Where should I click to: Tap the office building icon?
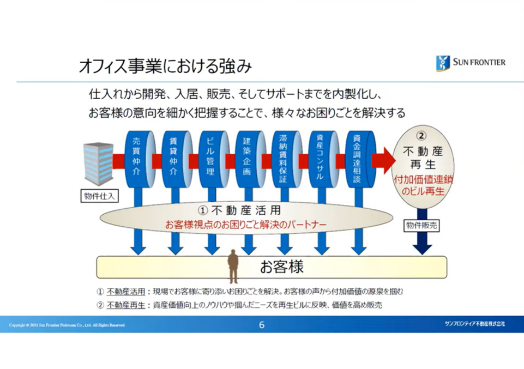tap(98, 164)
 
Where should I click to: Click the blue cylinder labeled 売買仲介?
tap(136, 158)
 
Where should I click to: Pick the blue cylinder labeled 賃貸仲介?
tap(173, 158)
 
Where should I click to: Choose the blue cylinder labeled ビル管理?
tap(210, 158)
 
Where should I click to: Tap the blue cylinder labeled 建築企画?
tap(246, 158)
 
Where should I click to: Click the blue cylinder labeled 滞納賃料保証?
tap(284, 158)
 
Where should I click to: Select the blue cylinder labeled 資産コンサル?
tap(321, 158)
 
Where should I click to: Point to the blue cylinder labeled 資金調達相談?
tap(357, 158)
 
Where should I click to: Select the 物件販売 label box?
tap(421, 224)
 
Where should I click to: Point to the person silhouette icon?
tap(233, 266)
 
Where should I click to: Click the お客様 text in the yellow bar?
tap(281, 267)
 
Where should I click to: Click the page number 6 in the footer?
tap(262, 325)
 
